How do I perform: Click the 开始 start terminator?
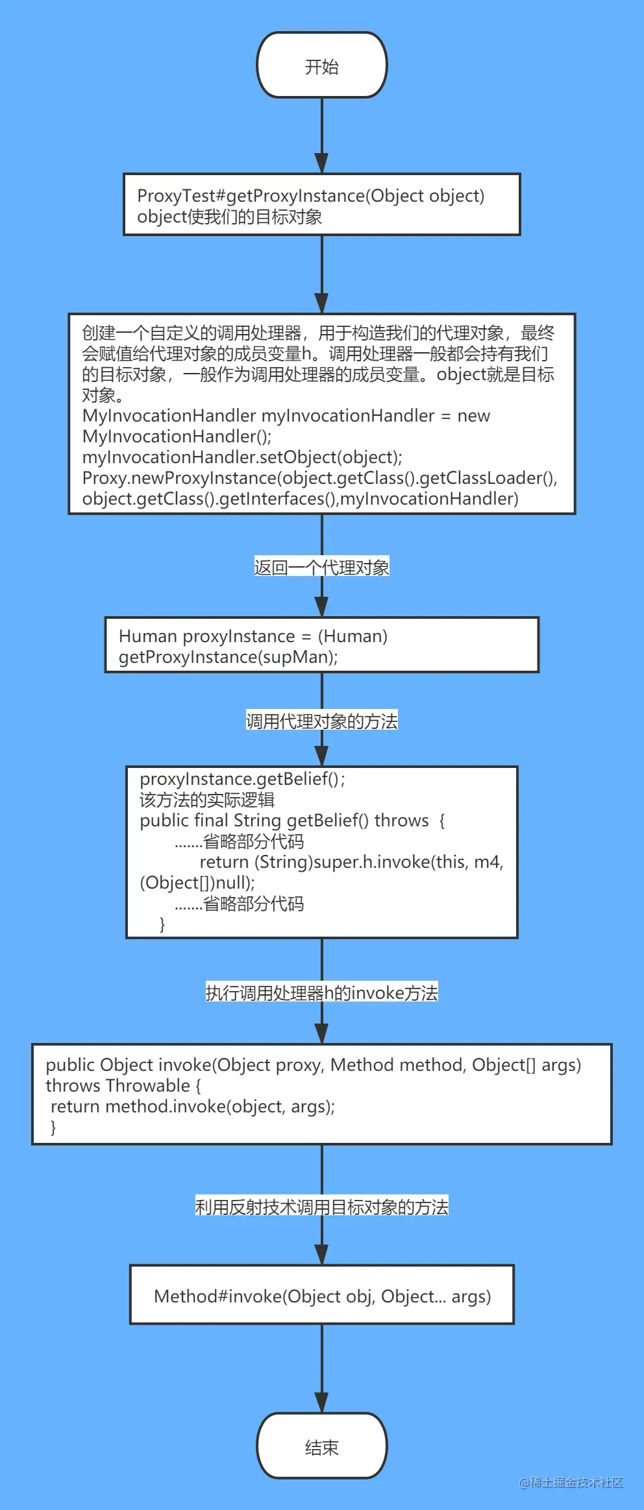[x=322, y=66]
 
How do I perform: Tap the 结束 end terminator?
[x=322, y=1446]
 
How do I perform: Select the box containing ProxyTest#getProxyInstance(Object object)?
[x=322, y=204]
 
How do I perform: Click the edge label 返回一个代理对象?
[x=322, y=568]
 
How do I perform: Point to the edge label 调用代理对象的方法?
[x=322, y=721]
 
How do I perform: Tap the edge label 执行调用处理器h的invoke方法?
[x=322, y=993]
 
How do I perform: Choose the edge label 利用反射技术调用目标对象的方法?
[x=322, y=1207]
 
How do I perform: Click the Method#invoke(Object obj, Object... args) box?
[x=322, y=1297]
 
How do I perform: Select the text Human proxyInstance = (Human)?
[x=253, y=636]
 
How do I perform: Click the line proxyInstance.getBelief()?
[x=242, y=779]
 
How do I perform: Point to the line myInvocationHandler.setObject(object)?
[x=242, y=457]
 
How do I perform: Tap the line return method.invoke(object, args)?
[x=193, y=1107]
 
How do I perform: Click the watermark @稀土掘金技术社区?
[x=571, y=1482]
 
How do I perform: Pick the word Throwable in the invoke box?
[x=149, y=1086]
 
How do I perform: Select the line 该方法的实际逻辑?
[x=207, y=800]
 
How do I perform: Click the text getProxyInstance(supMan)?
[x=229, y=657]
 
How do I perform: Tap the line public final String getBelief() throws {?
[x=292, y=821]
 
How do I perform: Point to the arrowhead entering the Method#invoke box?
[x=322, y=1254]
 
